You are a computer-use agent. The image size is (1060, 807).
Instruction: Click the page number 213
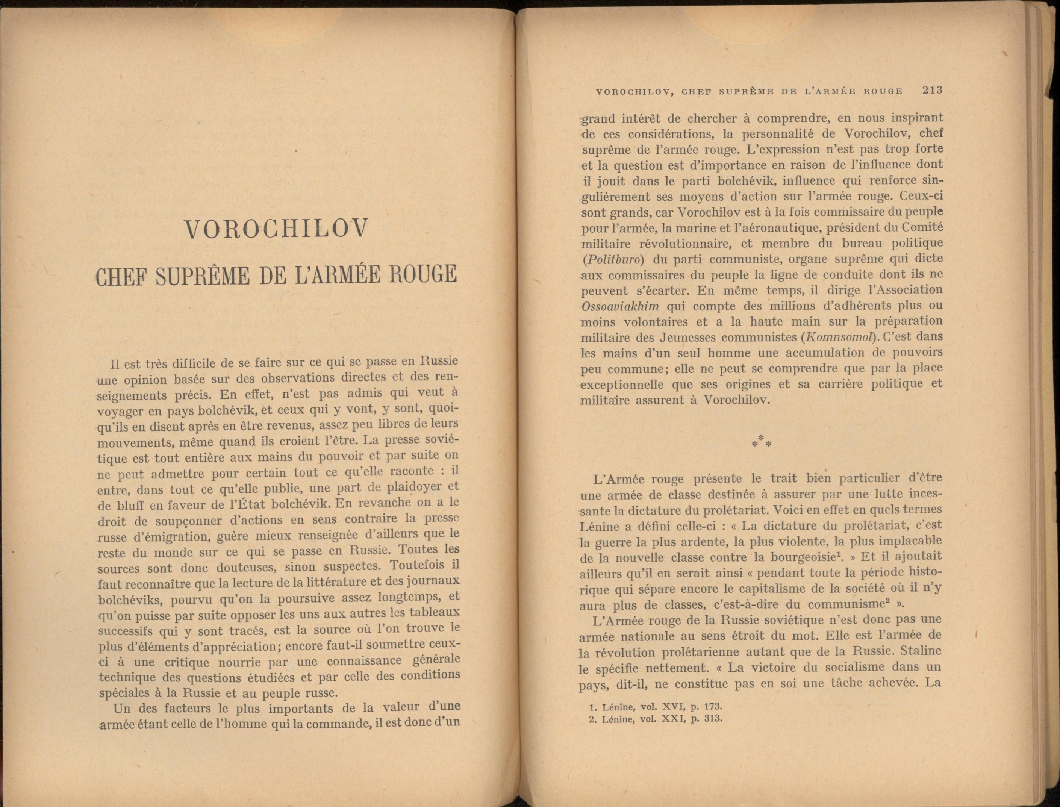coord(932,90)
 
